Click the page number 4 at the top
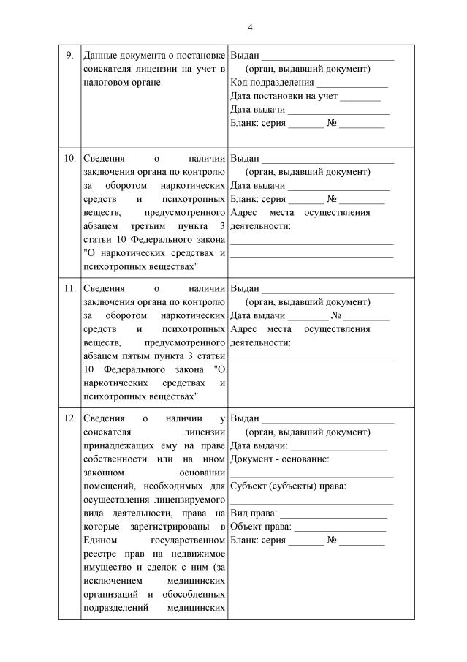tap(250, 27)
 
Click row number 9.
tap(69, 56)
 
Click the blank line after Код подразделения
tap(352, 84)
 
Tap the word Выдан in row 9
tap(245, 56)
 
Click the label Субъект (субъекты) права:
tap(288, 486)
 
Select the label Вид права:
tap(253, 514)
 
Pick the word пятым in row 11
tap(122, 356)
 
